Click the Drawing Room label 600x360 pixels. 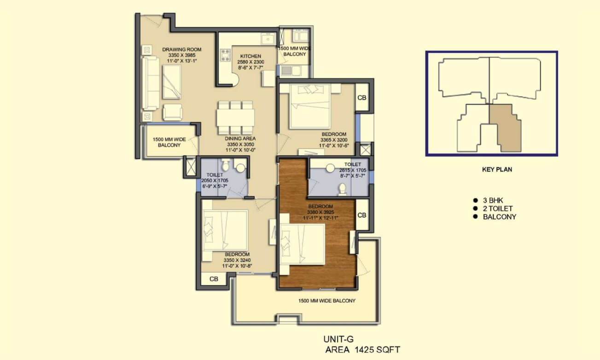181,50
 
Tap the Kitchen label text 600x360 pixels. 250,56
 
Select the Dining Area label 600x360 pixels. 240,139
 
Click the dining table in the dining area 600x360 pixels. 235,117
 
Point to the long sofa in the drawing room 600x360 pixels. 150,83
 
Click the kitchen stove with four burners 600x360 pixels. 225,55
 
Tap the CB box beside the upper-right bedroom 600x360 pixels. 362,98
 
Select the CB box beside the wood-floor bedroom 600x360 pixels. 362,215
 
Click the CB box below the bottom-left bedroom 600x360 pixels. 214,279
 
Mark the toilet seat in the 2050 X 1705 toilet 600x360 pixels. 226,165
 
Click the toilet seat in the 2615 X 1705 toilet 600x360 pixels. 342,189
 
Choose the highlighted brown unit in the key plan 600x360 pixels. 505,128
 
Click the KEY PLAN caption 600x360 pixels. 497,169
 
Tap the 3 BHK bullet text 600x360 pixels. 493,200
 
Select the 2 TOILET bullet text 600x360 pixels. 498,209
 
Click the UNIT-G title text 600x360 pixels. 338,339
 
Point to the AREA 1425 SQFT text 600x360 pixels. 363,349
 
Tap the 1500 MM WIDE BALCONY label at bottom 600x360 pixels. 327,301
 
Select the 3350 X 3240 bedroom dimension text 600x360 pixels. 237,260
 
